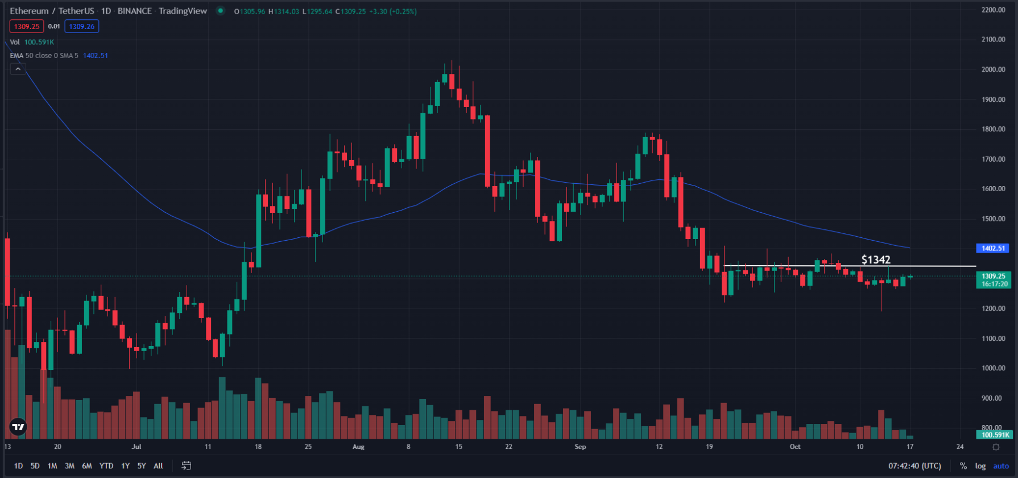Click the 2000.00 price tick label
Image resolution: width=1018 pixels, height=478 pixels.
[993, 69]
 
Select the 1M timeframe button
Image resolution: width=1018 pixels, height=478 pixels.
[52, 466]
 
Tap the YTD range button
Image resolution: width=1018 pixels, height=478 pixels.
[106, 466]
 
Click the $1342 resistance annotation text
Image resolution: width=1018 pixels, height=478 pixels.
[876, 259]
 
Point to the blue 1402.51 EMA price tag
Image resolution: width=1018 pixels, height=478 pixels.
[993, 248]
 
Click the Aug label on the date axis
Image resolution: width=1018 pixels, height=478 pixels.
[358, 447]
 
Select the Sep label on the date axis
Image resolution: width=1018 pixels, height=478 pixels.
[580, 447]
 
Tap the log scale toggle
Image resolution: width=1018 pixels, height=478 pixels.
[980, 466]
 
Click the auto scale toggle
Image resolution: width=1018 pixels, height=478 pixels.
[1001, 466]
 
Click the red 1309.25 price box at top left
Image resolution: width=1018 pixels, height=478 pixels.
[27, 26]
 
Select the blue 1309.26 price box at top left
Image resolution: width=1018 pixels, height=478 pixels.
[82, 26]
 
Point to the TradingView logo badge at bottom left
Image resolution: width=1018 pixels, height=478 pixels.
[18, 427]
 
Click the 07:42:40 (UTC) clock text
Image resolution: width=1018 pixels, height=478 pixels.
[914, 466]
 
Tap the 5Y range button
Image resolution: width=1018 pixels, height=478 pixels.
[142, 466]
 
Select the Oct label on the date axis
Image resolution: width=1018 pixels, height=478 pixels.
[795, 447]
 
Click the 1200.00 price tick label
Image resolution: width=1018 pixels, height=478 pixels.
[993, 308]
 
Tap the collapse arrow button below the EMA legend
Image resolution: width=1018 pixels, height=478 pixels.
[18, 69]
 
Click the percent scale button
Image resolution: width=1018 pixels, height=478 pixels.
[963, 466]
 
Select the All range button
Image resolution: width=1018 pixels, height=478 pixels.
[159, 466]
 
